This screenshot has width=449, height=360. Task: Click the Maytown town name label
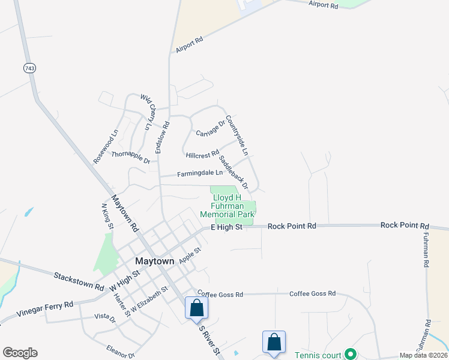click(x=154, y=262)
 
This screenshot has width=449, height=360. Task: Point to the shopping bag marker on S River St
click(x=196, y=309)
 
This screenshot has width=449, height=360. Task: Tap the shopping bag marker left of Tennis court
click(x=274, y=343)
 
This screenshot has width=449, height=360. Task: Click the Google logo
click(x=20, y=353)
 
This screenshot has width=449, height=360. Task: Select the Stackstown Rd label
click(x=78, y=281)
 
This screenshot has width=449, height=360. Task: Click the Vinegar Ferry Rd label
click(x=44, y=309)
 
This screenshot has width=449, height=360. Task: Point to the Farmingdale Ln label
click(x=200, y=173)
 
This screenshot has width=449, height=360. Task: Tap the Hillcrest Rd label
click(x=202, y=155)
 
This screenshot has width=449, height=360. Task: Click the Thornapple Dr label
click(x=130, y=157)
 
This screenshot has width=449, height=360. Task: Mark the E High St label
click(x=226, y=227)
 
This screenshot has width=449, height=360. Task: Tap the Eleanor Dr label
click(x=121, y=351)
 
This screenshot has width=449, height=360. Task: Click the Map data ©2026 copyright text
click(x=423, y=355)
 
